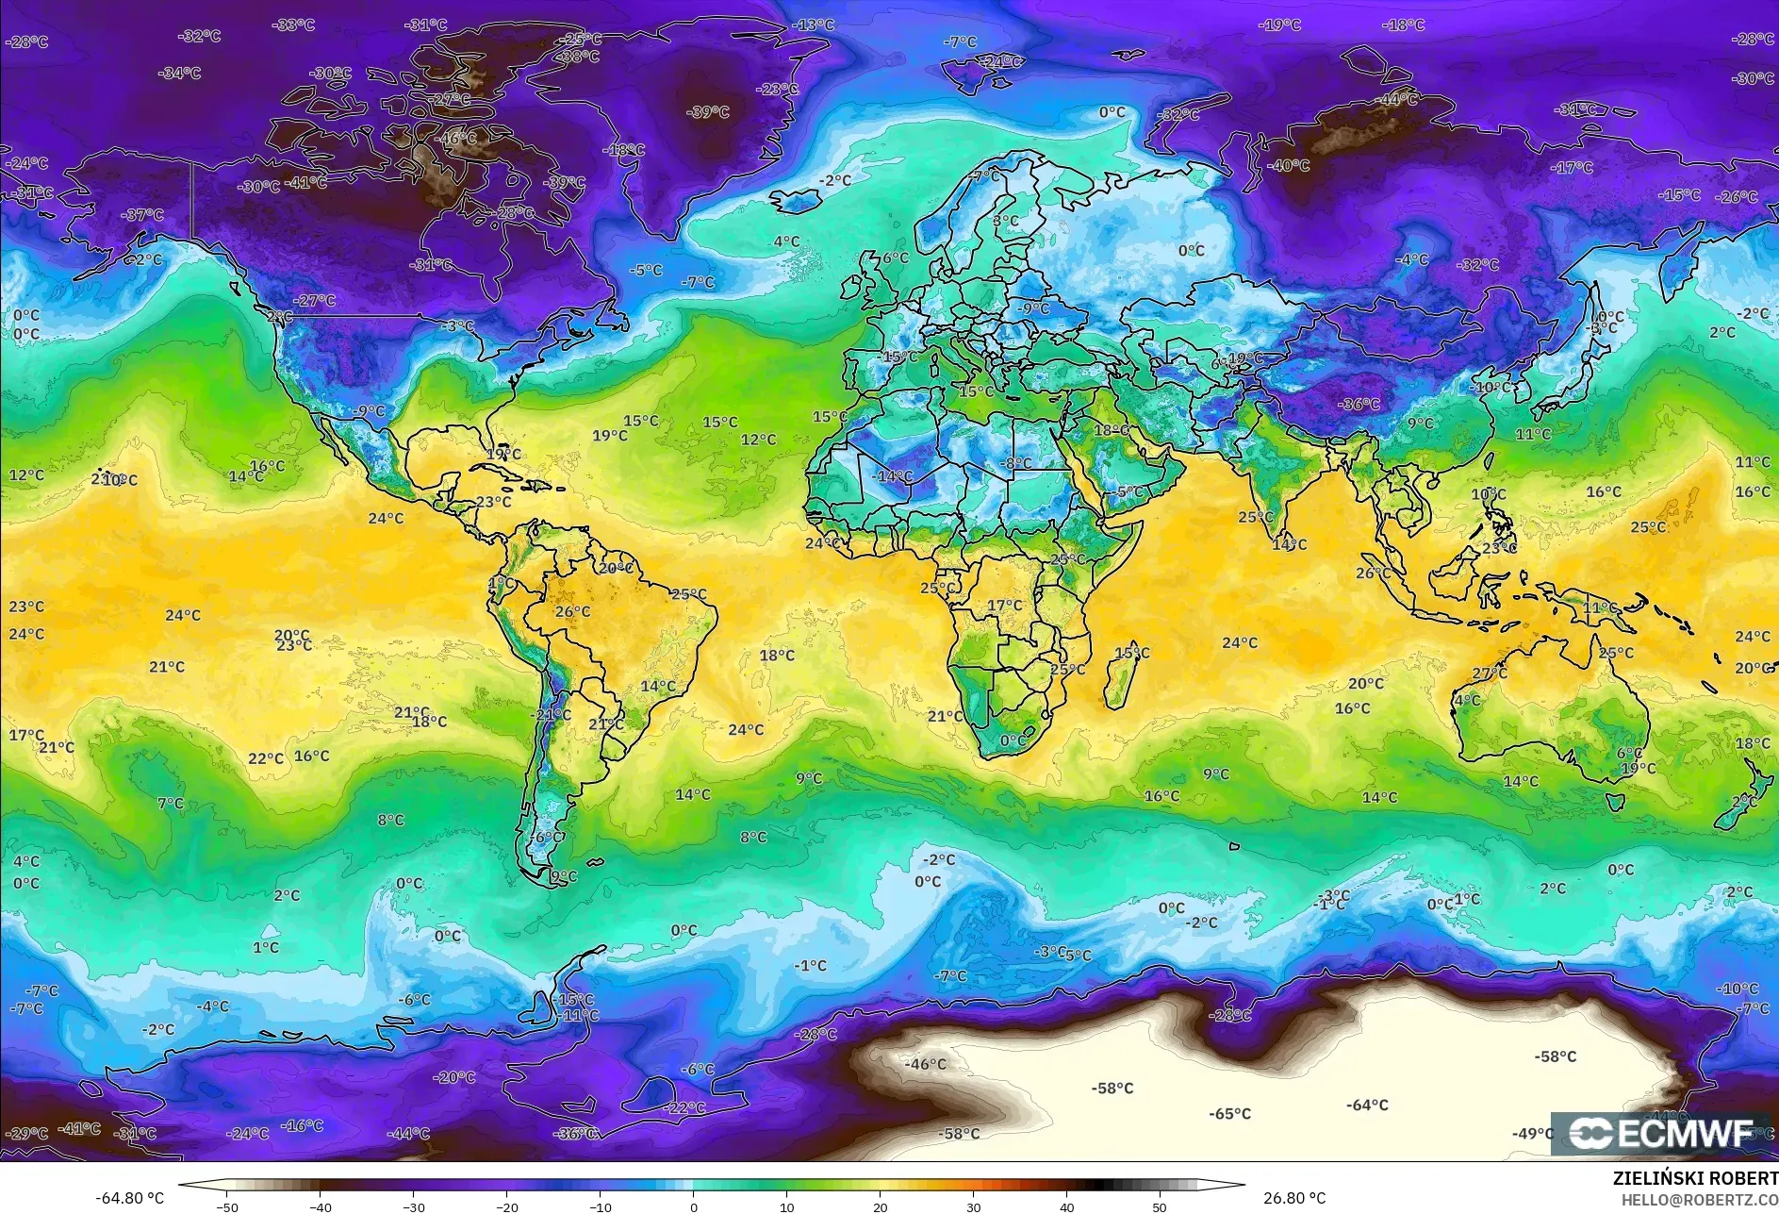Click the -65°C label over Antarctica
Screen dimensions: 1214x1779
click(1229, 1114)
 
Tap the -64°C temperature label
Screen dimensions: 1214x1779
click(1367, 1105)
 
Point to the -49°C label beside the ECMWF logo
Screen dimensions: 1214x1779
click(1532, 1133)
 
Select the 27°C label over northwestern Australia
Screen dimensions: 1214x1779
click(1490, 674)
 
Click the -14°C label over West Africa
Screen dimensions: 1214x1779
click(894, 476)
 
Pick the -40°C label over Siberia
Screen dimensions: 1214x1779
click(1289, 165)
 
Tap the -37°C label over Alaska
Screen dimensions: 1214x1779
click(142, 215)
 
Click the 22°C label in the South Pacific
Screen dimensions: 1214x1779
click(266, 758)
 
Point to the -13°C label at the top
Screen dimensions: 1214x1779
click(814, 25)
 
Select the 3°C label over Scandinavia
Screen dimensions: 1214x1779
click(1005, 221)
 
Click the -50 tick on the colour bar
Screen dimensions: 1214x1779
click(226, 1206)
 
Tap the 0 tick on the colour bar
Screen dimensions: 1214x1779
click(693, 1206)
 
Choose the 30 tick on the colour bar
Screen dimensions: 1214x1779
click(973, 1206)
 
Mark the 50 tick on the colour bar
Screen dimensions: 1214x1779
click(1160, 1206)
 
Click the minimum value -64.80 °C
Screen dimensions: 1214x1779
click(129, 1198)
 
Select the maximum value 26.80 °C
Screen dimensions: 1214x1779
click(1294, 1198)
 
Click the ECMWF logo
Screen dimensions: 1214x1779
click(1661, 1133)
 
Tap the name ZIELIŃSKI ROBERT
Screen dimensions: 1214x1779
click(1695, 1178)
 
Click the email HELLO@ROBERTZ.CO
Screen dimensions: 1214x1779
click(1699, 1200)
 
